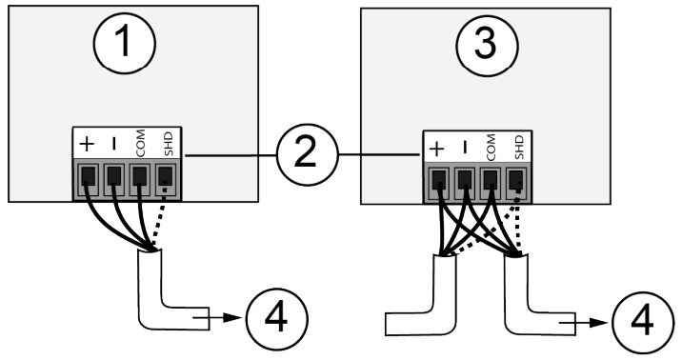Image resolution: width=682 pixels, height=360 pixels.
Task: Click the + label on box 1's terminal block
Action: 88,145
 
